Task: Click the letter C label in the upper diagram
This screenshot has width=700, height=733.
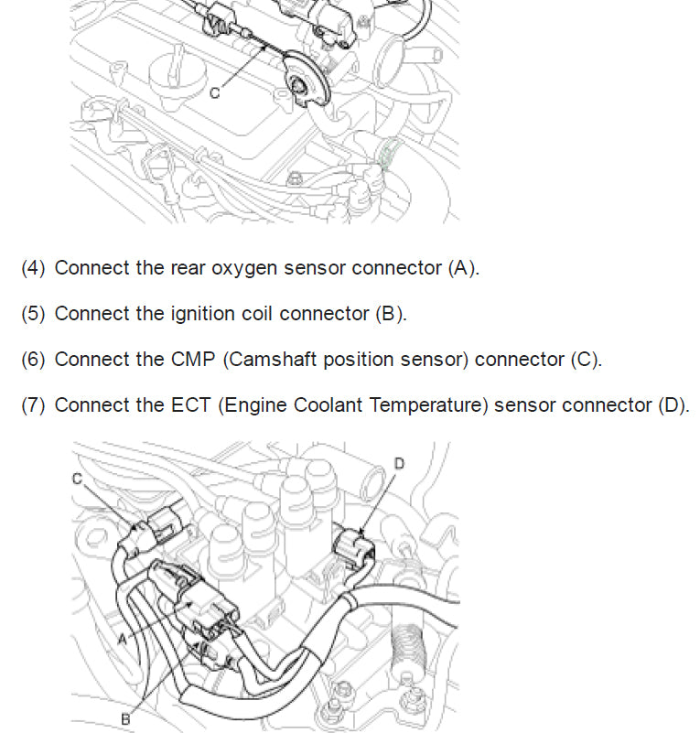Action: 214,92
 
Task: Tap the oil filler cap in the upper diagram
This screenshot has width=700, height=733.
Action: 165,72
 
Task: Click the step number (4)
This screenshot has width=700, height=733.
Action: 33,268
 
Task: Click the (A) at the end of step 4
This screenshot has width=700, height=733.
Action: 463,268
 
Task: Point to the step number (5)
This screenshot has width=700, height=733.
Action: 33,313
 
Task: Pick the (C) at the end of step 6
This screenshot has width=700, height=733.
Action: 586,359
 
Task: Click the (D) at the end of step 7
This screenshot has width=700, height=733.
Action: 673,404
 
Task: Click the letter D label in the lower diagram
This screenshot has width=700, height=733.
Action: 398,464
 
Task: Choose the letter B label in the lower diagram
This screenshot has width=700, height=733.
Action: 125,719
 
